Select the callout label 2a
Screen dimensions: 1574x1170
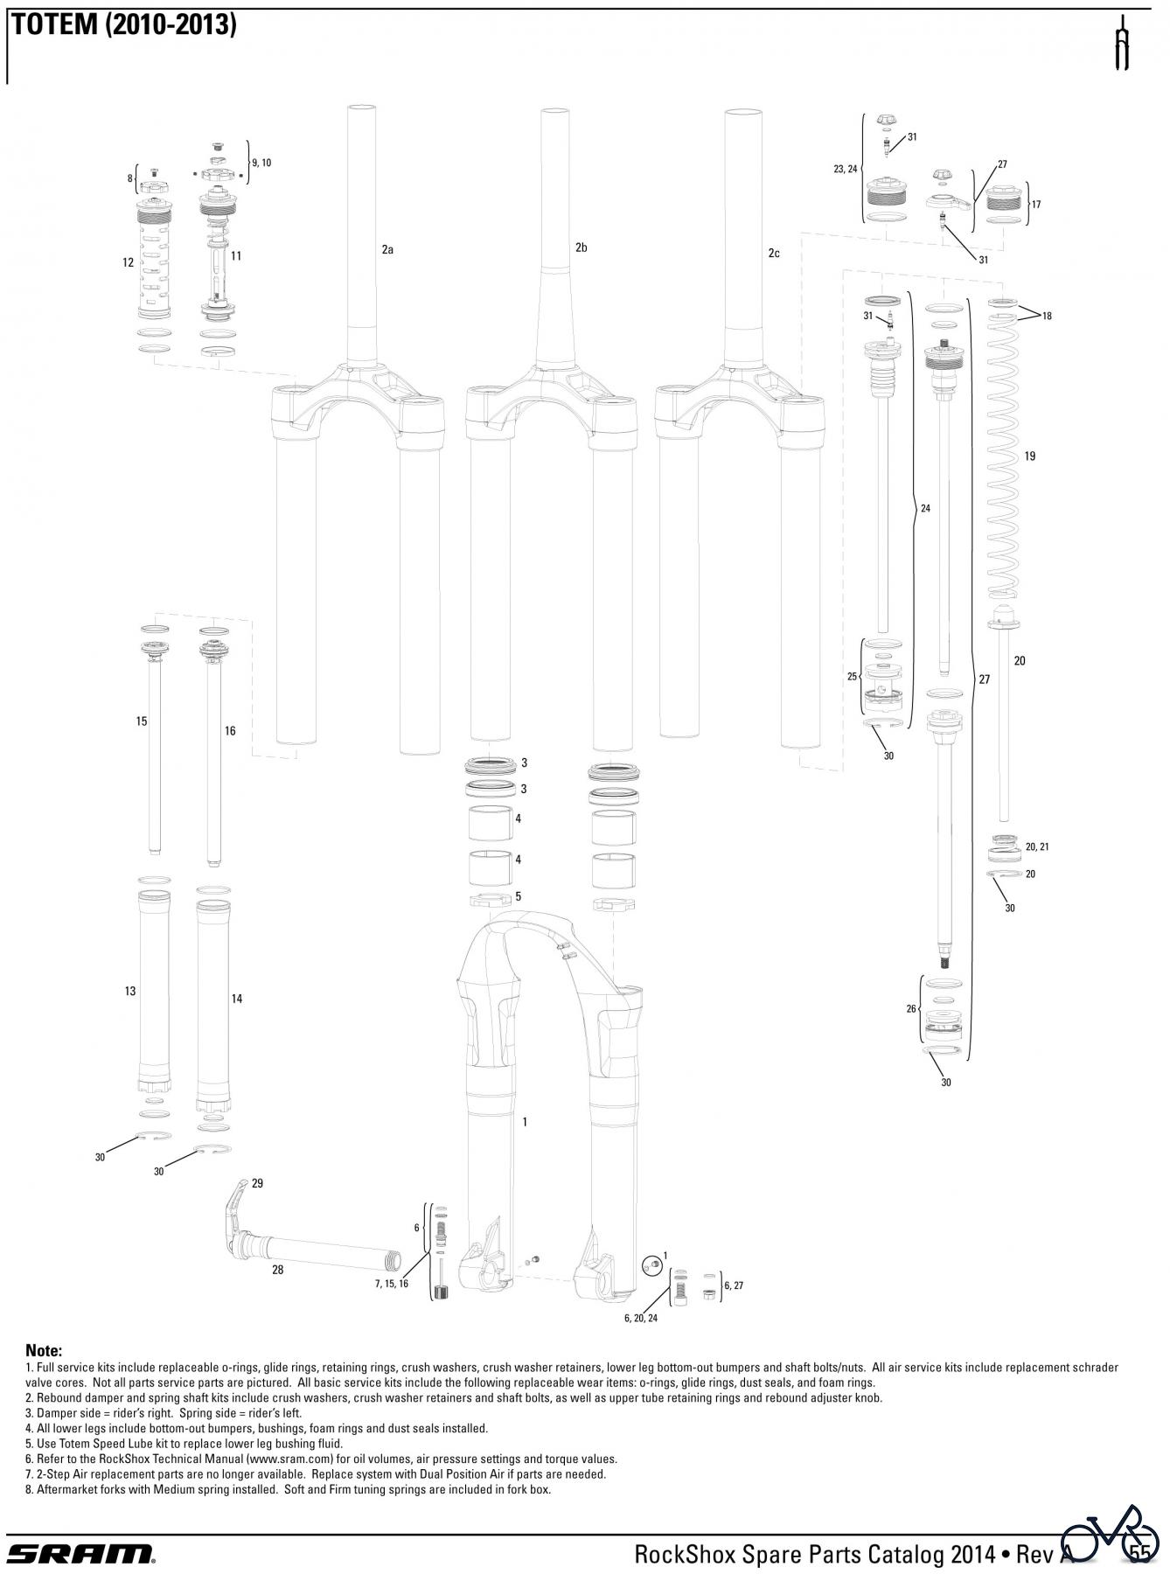point(387,250)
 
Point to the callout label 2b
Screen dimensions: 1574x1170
point(582,248)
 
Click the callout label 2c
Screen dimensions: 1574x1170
point(774,254)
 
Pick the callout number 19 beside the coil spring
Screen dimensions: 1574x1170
point(1029,456)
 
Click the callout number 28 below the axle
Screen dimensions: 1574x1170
point(277,1270)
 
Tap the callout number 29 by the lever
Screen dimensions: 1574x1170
point(257,1184)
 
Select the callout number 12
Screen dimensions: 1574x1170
point(129,262)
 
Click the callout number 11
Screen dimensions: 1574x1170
point(236,256)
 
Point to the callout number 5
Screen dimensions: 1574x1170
point(519,896)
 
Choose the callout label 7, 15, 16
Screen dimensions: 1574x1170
point(392,1284)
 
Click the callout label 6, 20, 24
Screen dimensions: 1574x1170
point(640,1318)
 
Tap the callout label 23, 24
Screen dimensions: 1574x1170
point(846,169)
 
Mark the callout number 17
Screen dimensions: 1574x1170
point(1036,205)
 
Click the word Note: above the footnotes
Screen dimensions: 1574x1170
point(44,1351)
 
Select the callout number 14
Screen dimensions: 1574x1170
point(236,999)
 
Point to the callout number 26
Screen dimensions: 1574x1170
point(911,1009)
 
